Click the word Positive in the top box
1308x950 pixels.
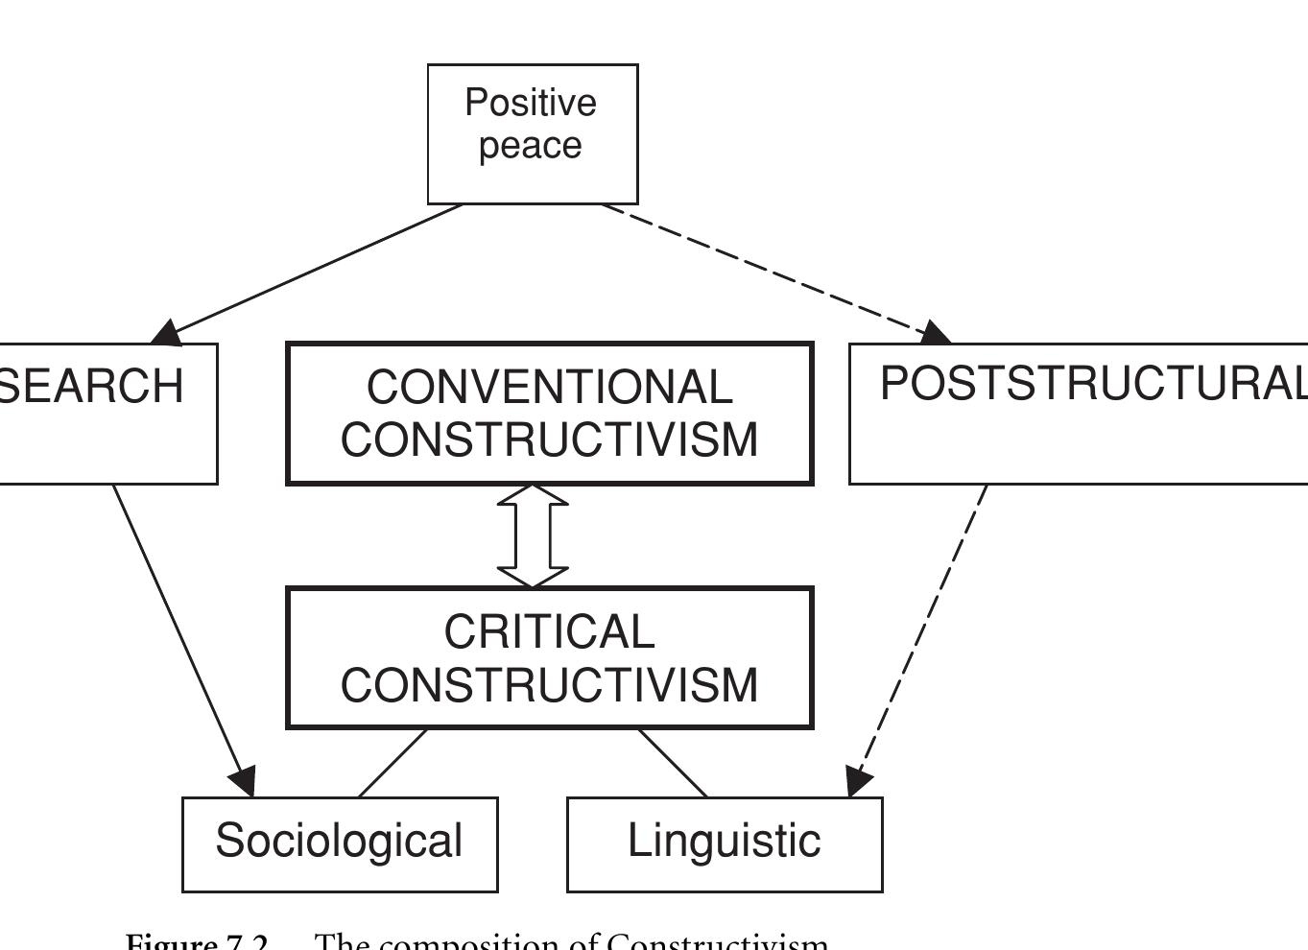pos(531,103)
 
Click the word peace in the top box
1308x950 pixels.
pos(531,146)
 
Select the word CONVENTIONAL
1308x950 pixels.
pos(549,388)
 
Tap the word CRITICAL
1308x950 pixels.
pos(549,632)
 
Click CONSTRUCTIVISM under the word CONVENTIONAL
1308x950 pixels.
pos(549,439)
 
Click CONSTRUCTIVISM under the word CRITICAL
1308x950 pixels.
pos(549,685)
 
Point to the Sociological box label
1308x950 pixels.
pos(339,841)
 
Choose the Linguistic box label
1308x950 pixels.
pos(724,841)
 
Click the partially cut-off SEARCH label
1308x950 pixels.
pos(92,386)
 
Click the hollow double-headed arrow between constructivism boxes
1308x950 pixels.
pos(533,535)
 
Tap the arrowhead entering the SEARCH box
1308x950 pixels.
pos(167,333)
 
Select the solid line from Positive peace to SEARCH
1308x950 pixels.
pos(317,269)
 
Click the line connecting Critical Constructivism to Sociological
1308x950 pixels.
pos(392,763)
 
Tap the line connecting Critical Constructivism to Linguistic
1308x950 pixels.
pos(673,763)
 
